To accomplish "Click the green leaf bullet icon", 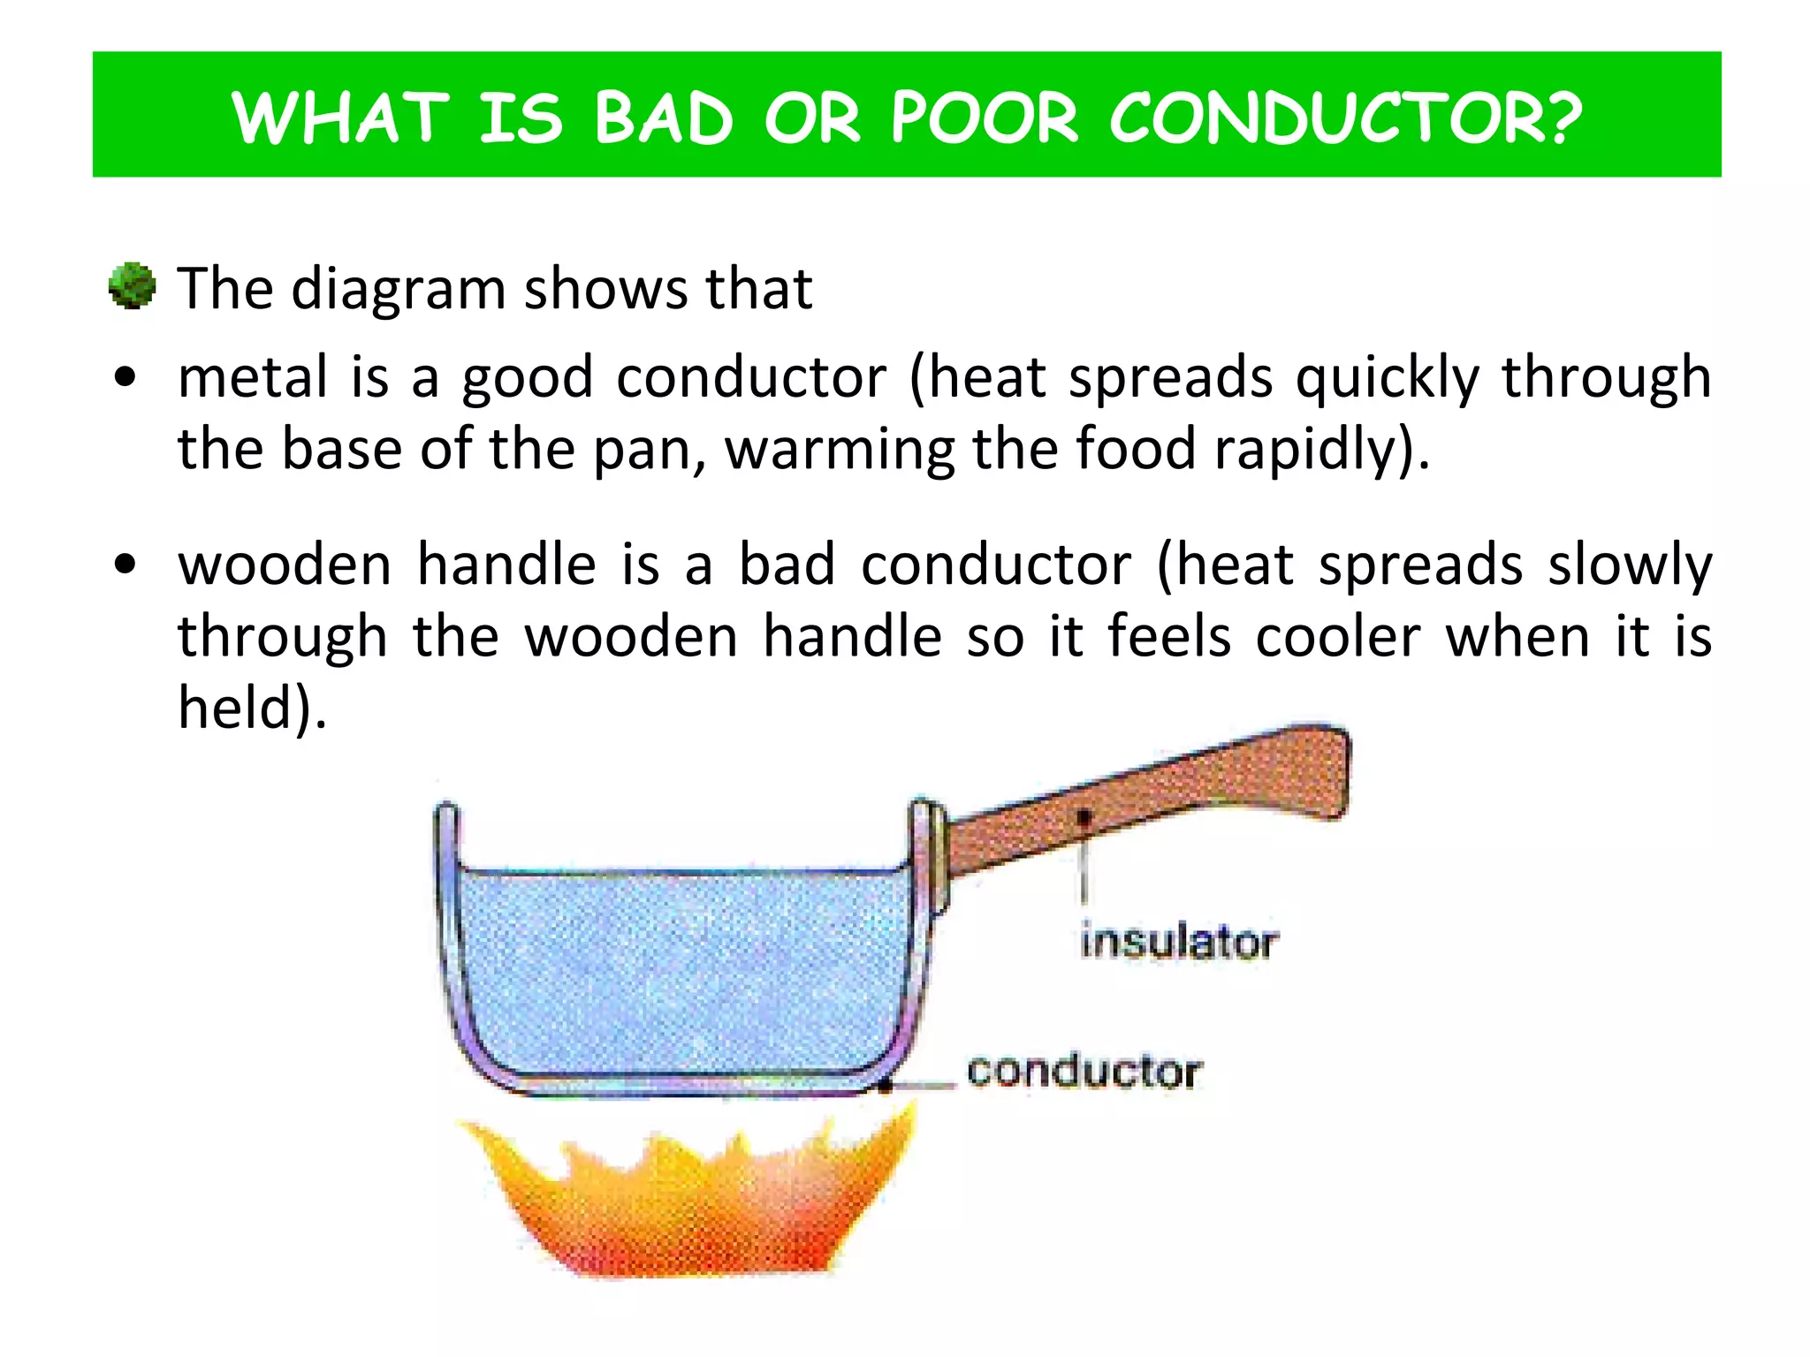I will coord(132,286).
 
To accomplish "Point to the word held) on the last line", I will coord(252,708).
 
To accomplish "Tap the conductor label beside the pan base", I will coord(1084,1072).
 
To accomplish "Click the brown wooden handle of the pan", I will coord(1149,800).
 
